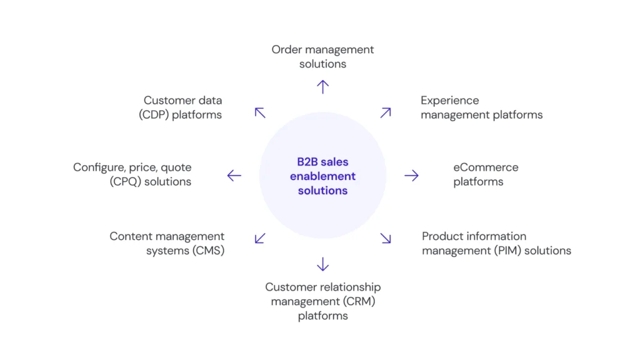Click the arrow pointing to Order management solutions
[322, 87]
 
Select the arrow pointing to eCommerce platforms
[411, 176]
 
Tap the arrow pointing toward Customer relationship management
[322, 264]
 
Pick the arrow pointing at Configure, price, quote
[234, 176]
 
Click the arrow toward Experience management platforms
[386, 112]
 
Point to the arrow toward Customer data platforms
[260, 112]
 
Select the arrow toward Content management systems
[260, 238]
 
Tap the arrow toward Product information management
[386, 238]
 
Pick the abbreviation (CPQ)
[125, 182]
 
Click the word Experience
[449, 100]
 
